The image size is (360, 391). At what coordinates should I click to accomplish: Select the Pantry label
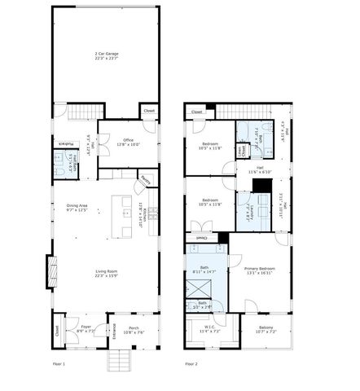143,180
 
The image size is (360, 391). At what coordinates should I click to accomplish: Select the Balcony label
265,330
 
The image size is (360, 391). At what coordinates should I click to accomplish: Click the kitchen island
127,216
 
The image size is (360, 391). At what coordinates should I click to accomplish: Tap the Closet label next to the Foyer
57,330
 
